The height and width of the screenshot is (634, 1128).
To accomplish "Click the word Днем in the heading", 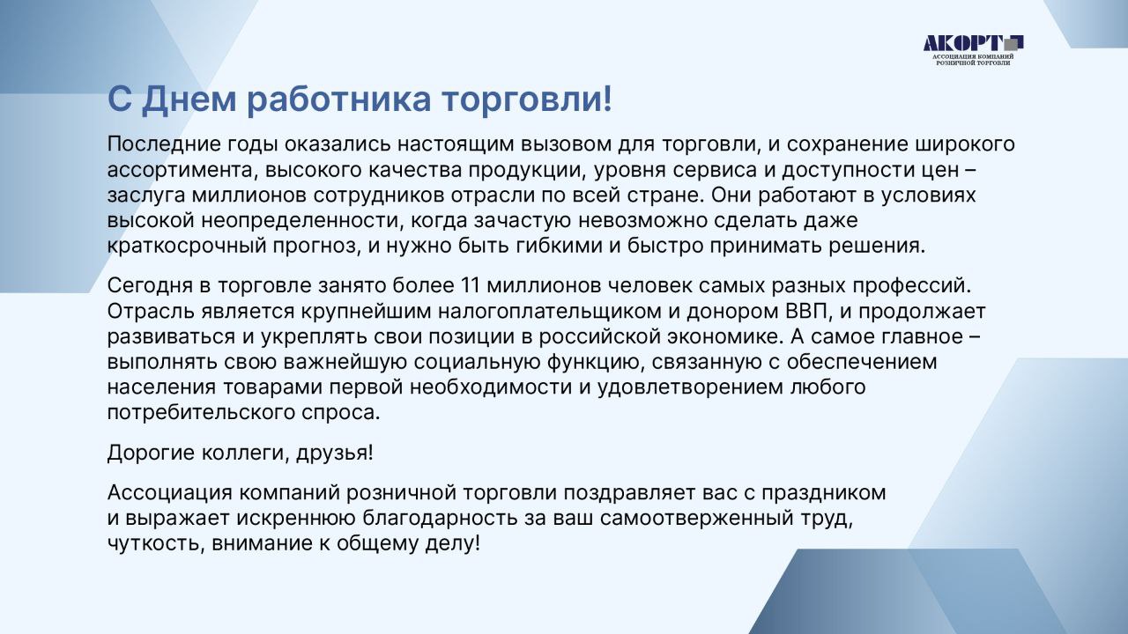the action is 189,99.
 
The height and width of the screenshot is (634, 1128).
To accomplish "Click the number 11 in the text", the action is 470,285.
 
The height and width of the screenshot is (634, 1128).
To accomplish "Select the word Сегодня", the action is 150,286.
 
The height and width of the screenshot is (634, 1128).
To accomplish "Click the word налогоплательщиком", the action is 549,312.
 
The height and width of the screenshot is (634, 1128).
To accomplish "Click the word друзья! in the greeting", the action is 334,453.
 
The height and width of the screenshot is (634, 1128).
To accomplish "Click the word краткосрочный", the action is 186,246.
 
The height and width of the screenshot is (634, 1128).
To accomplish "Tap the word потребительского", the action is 201,413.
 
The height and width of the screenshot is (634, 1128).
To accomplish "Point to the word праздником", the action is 823,492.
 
